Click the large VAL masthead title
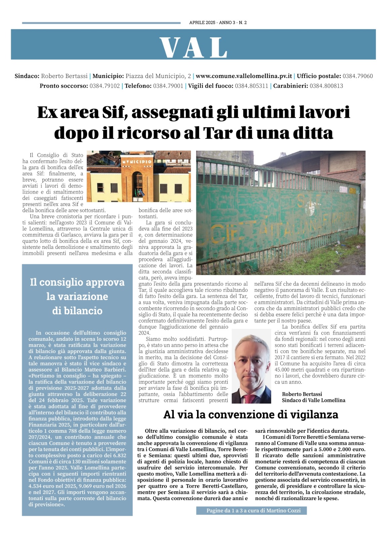tap(193, 47)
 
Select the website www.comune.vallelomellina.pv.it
tap(244, 76)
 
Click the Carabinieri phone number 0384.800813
tap(326, 86)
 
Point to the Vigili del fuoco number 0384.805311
tap(251, 86)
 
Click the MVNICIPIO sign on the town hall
tap(137, 162)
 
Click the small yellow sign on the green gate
tap(352, 191)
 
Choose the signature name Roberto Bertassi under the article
tap(302, 394)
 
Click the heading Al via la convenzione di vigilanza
tap(250, 415)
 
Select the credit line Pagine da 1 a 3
tap(251, 510)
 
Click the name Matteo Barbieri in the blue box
tap(107, 370)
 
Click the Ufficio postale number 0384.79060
tap(357, 76)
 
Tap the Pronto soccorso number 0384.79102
tap(104, 86)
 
